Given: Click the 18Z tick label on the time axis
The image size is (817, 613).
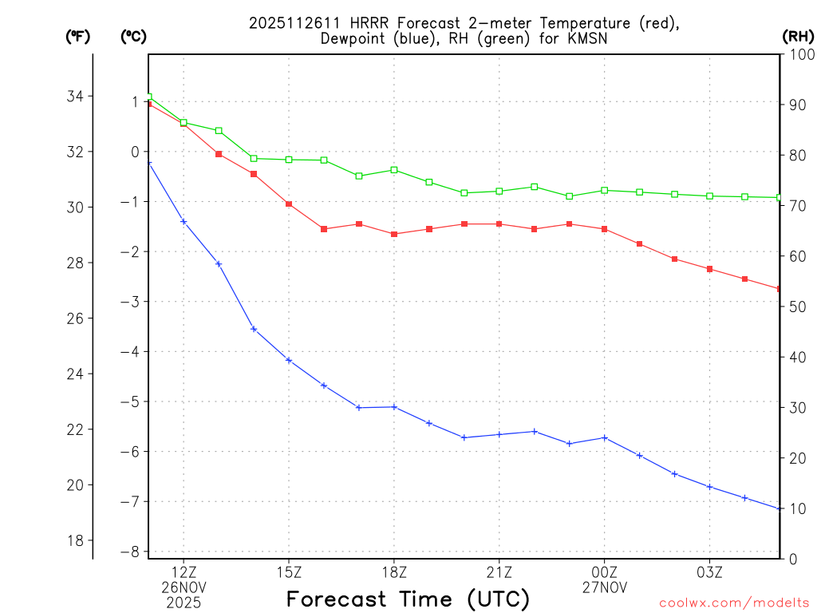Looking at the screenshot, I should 394,571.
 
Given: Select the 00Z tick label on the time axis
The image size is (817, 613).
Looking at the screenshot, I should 604,571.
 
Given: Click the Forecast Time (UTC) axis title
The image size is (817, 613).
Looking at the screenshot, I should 408,599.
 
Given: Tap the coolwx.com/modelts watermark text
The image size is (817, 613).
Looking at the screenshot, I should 734,603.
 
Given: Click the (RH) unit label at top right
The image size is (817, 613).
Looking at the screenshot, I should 797,36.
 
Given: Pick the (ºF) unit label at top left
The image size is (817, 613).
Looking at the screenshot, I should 78,36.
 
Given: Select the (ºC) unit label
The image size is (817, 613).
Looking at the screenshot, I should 134,36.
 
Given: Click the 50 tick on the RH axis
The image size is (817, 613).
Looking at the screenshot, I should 797,307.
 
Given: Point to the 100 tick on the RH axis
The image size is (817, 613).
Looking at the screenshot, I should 800,55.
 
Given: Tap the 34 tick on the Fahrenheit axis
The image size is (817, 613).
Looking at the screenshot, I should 76,97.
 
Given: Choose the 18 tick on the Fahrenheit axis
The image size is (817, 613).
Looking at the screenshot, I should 76,540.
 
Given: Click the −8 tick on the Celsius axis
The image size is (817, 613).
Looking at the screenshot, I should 129,552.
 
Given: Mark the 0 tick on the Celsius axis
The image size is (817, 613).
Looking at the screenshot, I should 135,152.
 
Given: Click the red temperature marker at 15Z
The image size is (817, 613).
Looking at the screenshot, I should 289,204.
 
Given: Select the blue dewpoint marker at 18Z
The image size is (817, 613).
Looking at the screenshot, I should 394,407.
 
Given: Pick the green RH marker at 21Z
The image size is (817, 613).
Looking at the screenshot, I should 499,191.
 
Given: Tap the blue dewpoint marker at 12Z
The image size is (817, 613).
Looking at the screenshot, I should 184,221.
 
